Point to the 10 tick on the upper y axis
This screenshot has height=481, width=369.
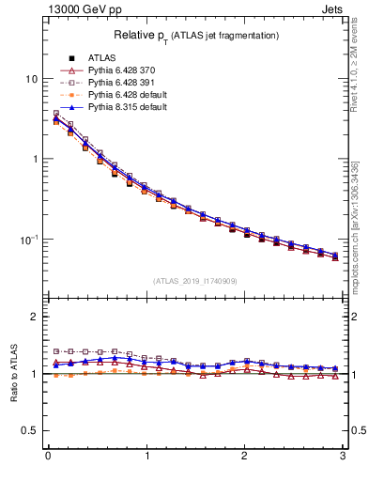pyautogui.click(x=31, y=79)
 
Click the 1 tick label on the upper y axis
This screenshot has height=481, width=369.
pyautogui.click(x=34, y=159)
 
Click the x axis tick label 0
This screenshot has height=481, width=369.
pyautogui.click(x=48, y=458)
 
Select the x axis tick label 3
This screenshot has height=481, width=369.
pyautogui.click(x=344, y=458)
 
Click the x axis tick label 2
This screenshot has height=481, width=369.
pyautogui.click(x=245, y=458)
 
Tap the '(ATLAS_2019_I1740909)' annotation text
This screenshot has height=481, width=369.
pyautogui.click(x=195, y=281)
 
